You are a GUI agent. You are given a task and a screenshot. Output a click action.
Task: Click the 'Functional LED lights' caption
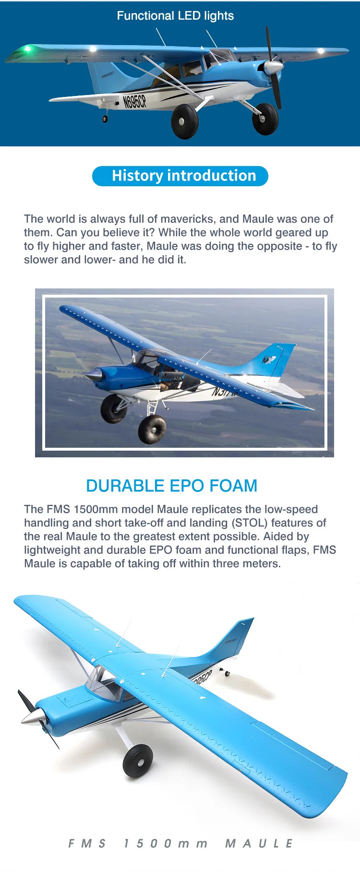[175, 16]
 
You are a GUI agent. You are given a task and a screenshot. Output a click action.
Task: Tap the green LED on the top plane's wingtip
[28, 48]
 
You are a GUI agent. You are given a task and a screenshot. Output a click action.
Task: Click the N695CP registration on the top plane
[134, 101]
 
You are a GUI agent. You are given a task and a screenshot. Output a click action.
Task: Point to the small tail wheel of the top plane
[105, 119]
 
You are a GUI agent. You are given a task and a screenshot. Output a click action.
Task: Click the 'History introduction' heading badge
[180, 176]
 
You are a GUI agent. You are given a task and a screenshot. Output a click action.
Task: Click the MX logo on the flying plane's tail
[269, 359]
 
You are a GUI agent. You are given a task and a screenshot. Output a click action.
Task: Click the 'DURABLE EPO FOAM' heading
[171, 486]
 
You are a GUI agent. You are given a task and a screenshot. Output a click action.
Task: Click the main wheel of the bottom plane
[138, 762]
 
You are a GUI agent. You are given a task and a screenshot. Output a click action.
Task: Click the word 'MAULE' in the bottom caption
[259, 843]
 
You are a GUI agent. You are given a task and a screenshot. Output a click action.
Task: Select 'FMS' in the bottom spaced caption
[87, 843]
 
